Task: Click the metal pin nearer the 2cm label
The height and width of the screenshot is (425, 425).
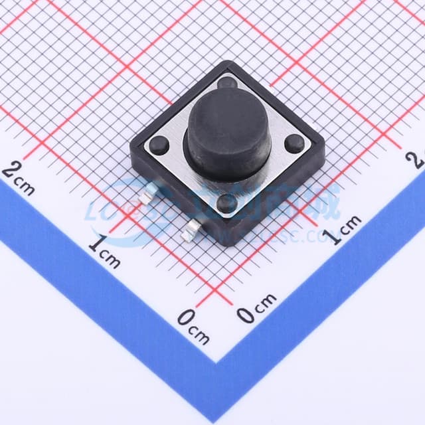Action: pos(147,194)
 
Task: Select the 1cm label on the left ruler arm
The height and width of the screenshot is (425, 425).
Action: pos(104,252)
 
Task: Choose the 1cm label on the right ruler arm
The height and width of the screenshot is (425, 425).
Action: pos(343,229)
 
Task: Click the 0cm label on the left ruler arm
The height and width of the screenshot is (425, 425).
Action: pos(193,326)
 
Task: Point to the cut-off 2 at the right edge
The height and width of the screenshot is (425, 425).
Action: pos(418,158)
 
